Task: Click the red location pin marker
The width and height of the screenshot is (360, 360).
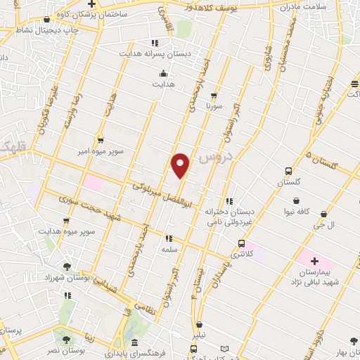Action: [x=181, y=164]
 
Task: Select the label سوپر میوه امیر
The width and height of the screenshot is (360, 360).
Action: [x=101, y=151]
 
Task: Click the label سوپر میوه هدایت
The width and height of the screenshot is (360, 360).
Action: [x=65, y=230]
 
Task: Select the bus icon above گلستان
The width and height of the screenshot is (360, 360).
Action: [x=288, y=171]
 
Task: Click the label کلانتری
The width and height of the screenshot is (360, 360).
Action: [x=240, y=256]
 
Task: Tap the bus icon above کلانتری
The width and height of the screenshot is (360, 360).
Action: [x=241, y=244]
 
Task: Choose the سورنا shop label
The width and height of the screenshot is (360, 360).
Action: [x=214, y=106]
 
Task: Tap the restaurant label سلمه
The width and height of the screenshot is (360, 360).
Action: [x=168, y=250]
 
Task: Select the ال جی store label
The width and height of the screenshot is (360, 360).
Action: [x=323, y=225]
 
